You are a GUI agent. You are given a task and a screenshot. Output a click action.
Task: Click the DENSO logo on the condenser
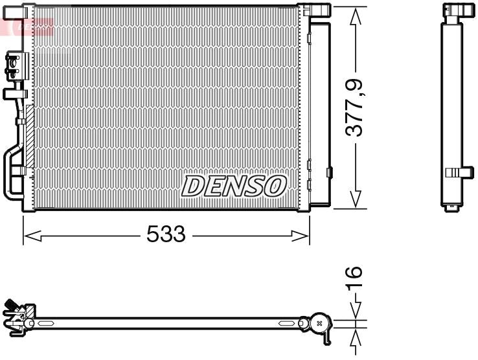[x=233, y=186]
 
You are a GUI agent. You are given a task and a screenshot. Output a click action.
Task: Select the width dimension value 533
[x=166, y=234]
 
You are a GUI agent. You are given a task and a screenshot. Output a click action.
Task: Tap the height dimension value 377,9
[x=354, y=107]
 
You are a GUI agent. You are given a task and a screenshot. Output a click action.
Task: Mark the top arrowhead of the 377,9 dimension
[x=354, y=16]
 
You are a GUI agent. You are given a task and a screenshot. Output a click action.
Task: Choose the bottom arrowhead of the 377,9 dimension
[x=354, y=200]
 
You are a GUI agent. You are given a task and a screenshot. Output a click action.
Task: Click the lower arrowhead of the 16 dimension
[x=354, y=338]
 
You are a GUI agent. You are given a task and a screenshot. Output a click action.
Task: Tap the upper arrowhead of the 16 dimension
[x=354, y=311]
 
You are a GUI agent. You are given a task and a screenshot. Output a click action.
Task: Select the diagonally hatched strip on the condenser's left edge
[x=28, y=136]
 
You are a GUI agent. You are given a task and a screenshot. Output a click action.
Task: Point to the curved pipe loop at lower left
[x=11, y=172]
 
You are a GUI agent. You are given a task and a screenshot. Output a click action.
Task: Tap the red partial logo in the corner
[x=26, y=26]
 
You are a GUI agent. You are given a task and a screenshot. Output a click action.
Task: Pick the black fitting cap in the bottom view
[x=10, y=305]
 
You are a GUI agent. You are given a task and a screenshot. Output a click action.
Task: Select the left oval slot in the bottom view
[x=47, y=322]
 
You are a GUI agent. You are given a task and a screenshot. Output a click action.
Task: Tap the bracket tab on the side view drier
[x=461, y=172]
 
